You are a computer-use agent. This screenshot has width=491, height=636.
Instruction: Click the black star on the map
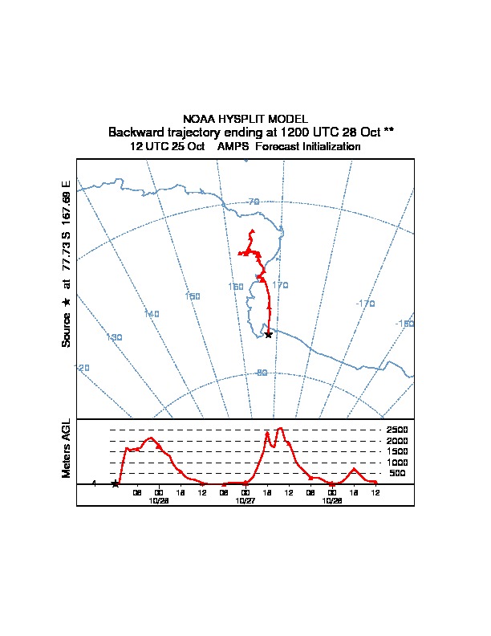pos(268,334)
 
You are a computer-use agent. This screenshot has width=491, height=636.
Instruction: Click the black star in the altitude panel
pos(116,483)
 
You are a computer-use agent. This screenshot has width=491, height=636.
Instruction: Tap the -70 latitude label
pos(253,202)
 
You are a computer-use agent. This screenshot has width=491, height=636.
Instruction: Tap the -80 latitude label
pos(262,373)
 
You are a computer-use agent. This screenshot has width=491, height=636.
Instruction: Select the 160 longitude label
pos(236,287)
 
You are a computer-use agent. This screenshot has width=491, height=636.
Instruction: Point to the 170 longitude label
pos(280,285)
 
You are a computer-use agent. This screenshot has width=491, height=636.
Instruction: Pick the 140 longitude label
pos(152,313)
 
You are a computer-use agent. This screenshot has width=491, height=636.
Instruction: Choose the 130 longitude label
pos(114,337)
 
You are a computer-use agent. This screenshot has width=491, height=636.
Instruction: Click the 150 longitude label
pos(193,296)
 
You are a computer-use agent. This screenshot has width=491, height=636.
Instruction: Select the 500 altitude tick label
pos(398,474)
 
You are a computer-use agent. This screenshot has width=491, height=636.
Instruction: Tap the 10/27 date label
pos(245,500)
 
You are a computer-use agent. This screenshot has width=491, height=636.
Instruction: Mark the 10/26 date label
pos(159,500)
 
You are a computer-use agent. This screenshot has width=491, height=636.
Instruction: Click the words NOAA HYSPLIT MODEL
pos(245,119)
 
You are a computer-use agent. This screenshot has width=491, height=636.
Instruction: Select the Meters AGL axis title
pos(67,449)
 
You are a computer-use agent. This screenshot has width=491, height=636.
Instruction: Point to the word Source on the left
pos(67,329)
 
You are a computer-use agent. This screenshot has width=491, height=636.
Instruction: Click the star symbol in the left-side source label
pos(67,301)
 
